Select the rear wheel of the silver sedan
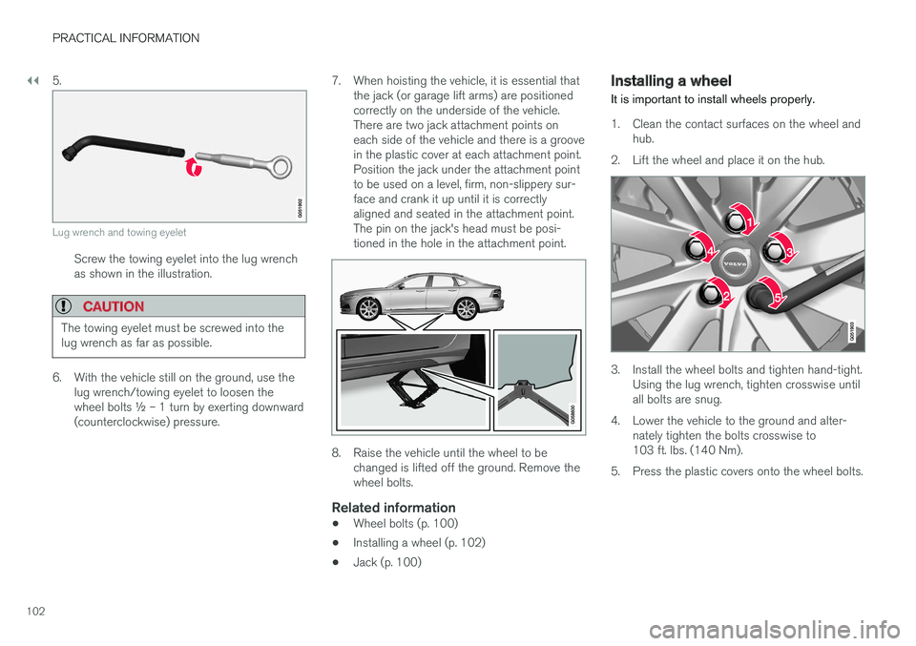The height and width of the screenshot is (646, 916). tap(465, 309)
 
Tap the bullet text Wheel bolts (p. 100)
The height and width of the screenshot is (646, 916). tap(405, 524)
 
